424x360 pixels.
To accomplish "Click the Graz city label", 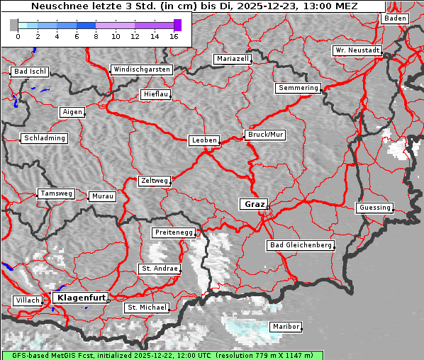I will click(254, 204).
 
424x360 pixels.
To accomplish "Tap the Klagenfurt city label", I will click(81, 298).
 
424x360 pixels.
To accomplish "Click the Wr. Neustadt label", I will click(357, 51).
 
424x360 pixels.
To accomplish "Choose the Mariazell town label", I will click(233, 59).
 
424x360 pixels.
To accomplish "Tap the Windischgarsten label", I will click(141, 69).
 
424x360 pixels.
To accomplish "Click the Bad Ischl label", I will click(30, 72).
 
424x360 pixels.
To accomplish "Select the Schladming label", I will click(45, 138).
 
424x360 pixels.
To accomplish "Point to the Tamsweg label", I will click(55, 193).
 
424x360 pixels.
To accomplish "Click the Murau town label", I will click(103, 196).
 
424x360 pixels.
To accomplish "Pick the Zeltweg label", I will click(154, 181).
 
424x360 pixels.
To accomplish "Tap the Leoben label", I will click(204, 140).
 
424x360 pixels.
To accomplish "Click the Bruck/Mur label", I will click(264, 134).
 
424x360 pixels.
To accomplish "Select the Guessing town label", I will click(374, 208).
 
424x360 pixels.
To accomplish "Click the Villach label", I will click(27, 300).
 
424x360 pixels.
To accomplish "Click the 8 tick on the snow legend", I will click(96, 35).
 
